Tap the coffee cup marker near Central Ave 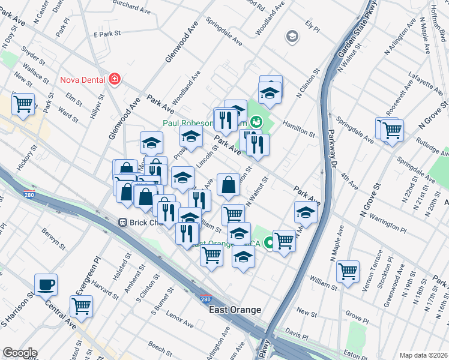46,285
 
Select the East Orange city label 235,310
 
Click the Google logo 19,353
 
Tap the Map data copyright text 423,355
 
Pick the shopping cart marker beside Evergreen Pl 81,306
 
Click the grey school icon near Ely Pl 292,37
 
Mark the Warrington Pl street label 379,224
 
